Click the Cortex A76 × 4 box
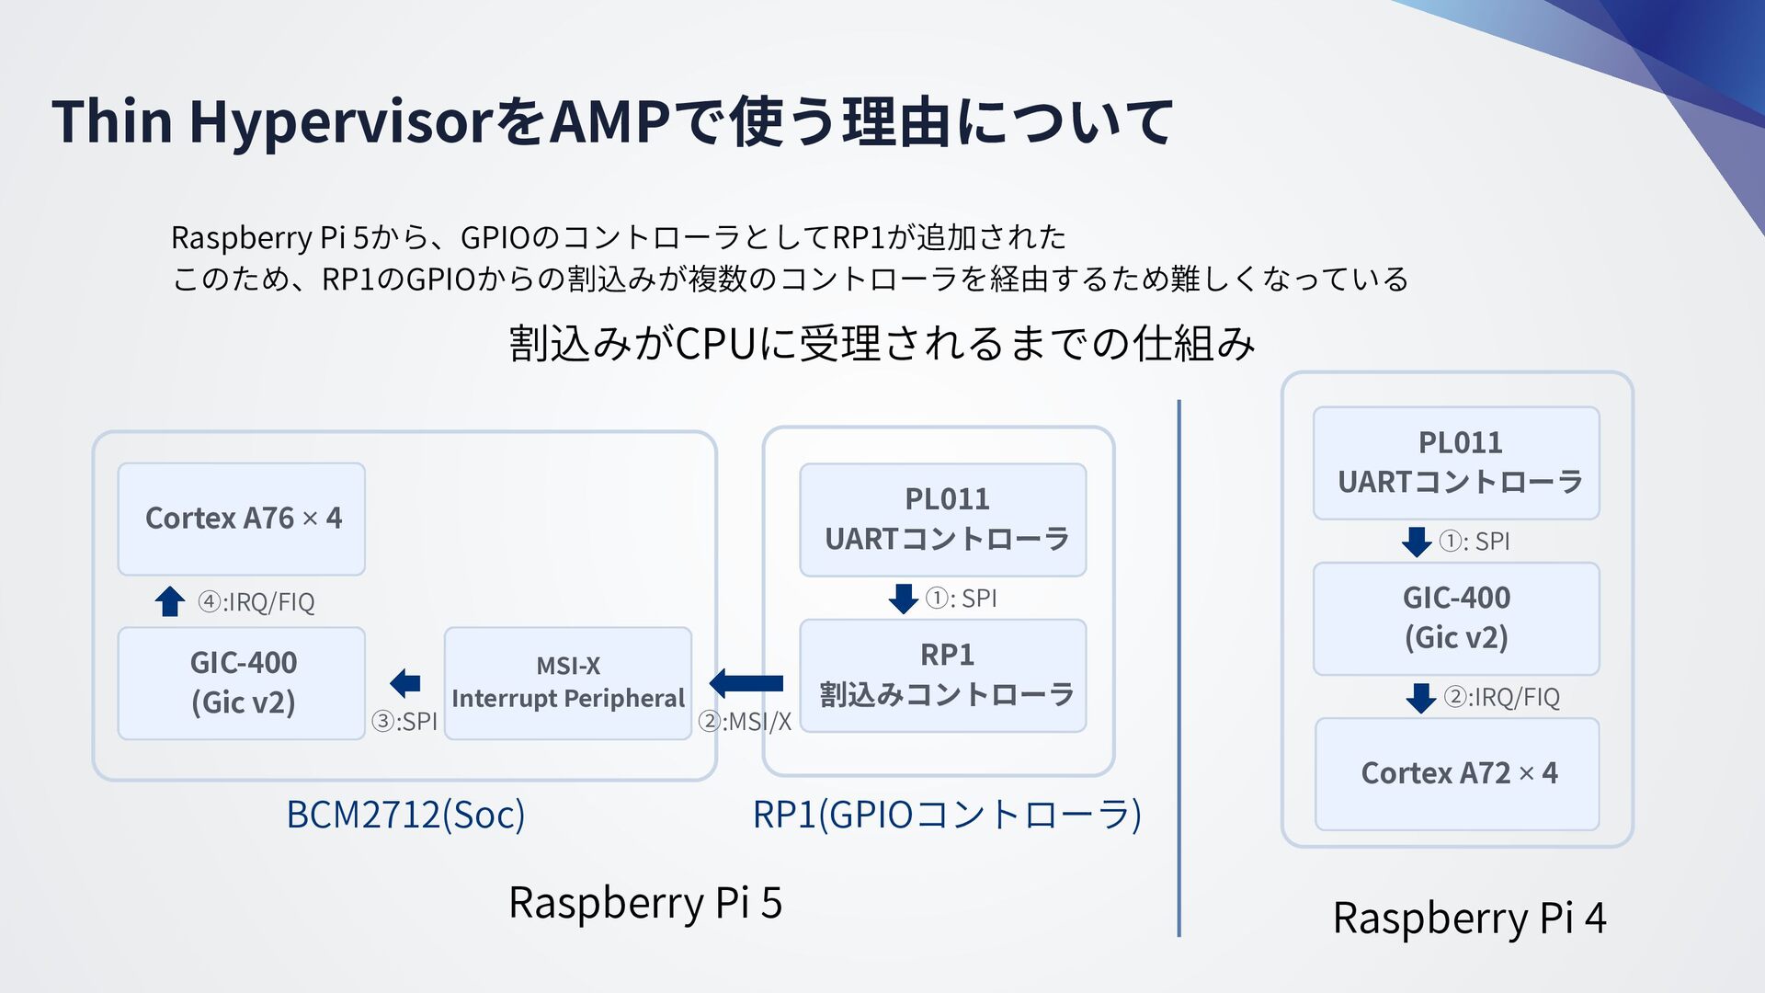[x=242, y=519]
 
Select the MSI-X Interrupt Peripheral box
[x=567, y=683]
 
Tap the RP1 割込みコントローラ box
[x=943, y=676]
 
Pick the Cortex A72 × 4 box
[x=1457, y=773]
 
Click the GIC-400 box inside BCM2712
[x=242, y=683]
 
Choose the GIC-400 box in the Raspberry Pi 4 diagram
[x=1456, y=618]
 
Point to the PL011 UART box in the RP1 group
[x=943, y=519]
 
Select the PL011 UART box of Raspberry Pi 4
[x=1456, y=462]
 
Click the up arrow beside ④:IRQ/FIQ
[x=170, y=601]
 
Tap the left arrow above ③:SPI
[x=405, y=683]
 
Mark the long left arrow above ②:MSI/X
[x=746, y=683]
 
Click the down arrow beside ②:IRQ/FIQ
[x=1421, y=698]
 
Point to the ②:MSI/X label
[x=745, y=722]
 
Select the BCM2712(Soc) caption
[x=405, y=815]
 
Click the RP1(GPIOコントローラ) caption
[x=947, y=815]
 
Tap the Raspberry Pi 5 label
[x=645, y=902]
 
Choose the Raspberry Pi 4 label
[x=1469, y=918]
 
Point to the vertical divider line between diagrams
[x=1179, y=668]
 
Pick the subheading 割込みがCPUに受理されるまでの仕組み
[x=882, y=343]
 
